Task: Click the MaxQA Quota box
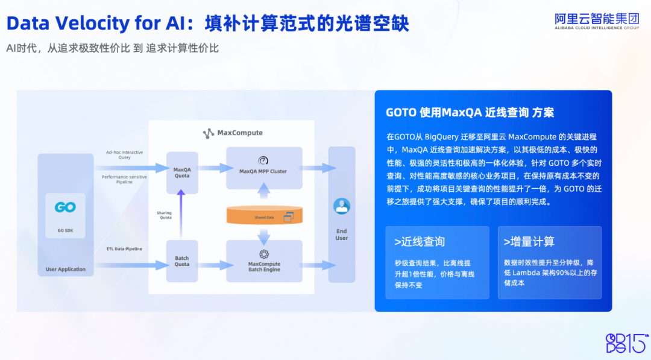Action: [182, 172]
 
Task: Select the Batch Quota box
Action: [182, 261]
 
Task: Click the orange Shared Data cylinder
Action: [264, 216]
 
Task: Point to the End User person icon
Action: [342, 206]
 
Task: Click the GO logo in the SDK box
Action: [65, 207]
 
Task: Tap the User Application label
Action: [66, 269]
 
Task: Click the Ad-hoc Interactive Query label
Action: [124, 155]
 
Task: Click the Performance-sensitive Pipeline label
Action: [124, 179]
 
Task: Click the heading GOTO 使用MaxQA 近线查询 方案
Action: [470, 112]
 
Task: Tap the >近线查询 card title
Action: [420, 242]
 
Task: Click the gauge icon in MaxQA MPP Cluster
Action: [263, 160]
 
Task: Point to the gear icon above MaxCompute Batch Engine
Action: [263, 254]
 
